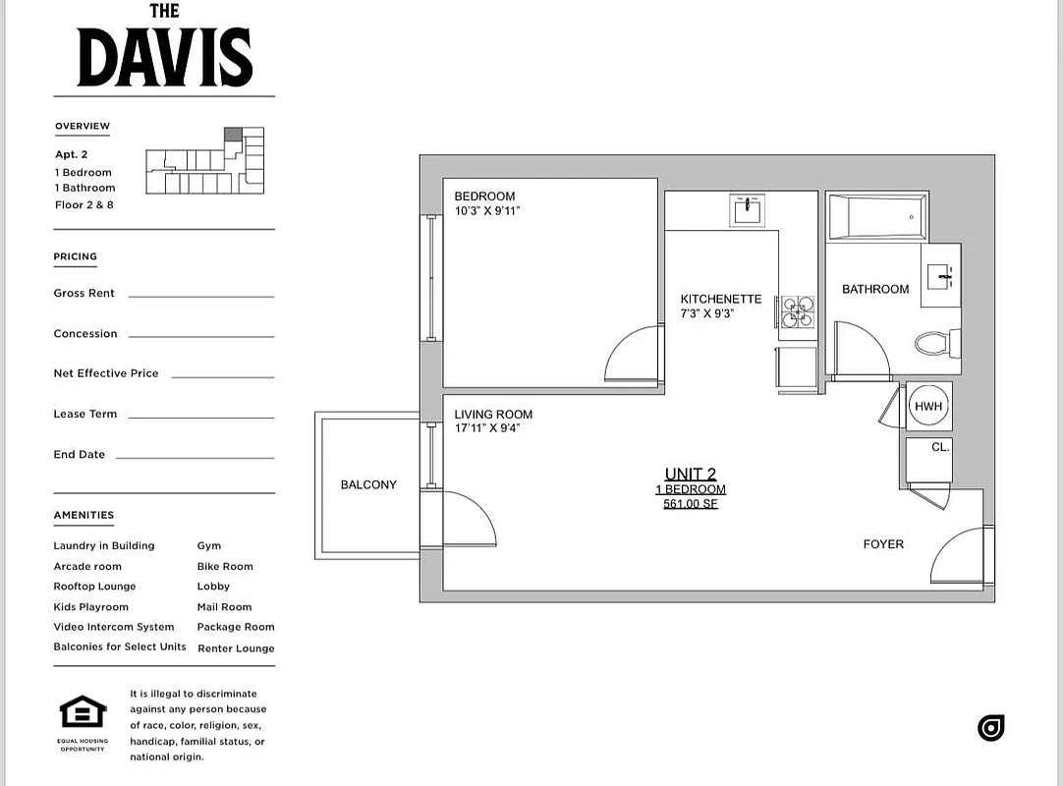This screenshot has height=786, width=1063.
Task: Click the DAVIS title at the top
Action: coord(164,57)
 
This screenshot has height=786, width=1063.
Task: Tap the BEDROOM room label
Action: coord(484,196)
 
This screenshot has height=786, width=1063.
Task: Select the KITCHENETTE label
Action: coord(721,300)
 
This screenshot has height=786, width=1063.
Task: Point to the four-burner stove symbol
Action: coord(798,312)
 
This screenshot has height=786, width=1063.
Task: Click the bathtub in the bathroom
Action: coord(877,217)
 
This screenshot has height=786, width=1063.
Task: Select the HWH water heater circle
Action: coord(928,407)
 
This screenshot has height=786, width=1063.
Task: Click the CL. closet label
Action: coord(940,447)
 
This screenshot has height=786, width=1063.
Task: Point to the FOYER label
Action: coord(883,544)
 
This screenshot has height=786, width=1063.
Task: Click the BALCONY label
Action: coord(368,484)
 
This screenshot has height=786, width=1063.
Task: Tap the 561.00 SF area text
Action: coord(691,504)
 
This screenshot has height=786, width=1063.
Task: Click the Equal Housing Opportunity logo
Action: coord(83,711)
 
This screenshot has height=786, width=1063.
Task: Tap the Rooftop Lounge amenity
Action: coord(94,587)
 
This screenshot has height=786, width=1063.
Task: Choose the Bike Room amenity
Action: coord(225,567)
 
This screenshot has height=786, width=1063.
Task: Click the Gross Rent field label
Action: coord(84,293)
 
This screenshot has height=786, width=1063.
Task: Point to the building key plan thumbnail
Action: coord(204,160)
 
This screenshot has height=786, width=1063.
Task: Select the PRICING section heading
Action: coord(76,256)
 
